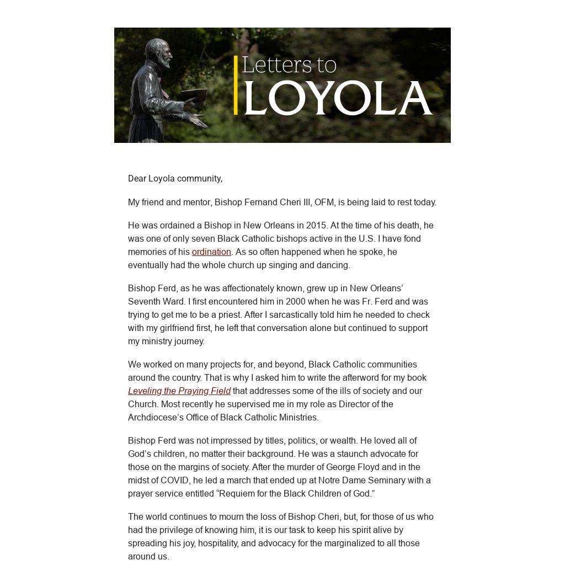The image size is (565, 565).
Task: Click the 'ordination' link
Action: pos(211,252)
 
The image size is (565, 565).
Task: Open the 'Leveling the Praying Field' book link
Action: pos(179,391)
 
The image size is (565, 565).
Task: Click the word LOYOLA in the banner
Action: pos(337,98)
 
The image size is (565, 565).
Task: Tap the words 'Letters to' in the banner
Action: pos(289,65)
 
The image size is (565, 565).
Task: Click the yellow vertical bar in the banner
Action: pos(236,85)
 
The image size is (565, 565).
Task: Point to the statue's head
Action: pos(157,51)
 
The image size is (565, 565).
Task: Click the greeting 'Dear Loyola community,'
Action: pos(175,178)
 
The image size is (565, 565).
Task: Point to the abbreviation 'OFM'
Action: pos(324,202)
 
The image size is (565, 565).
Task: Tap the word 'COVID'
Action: pos(174,480)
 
